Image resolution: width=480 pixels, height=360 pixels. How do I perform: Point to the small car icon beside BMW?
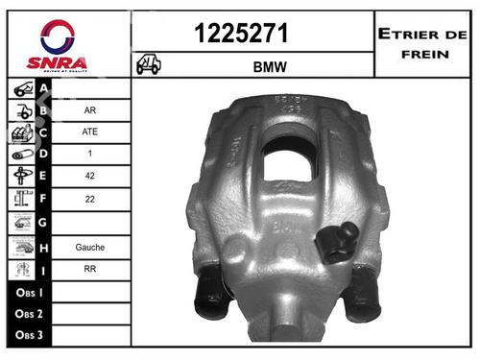[149, 66]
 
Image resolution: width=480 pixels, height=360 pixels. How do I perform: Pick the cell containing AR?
[89, 109]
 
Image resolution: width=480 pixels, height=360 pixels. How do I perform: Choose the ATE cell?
[89, 132]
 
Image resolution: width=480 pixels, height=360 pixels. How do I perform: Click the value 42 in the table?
[89, 177]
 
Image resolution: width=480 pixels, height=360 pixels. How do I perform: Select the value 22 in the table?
[89, 200]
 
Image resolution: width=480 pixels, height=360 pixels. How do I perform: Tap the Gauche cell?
[89, 247]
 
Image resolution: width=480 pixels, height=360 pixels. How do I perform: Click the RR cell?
[89, 269]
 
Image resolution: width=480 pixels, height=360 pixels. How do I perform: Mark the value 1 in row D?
[89, 155]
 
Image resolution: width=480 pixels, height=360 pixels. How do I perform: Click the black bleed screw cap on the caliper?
[339, 242]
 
